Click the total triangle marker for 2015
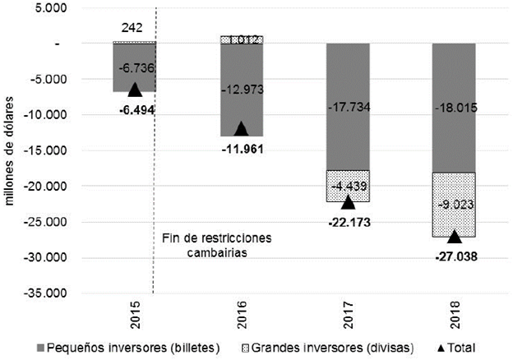pyautogui.click(x=135, y=90)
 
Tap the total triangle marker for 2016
pyautogui.click(x=241, y=128)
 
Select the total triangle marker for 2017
pyautogui.click(x=348, y=202)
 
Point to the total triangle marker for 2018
pyautogui.click(x=455, y=237)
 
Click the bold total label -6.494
pyautogui.click(x=136, y=109)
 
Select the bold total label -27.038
pyautogui.click(x=455, y=256)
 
